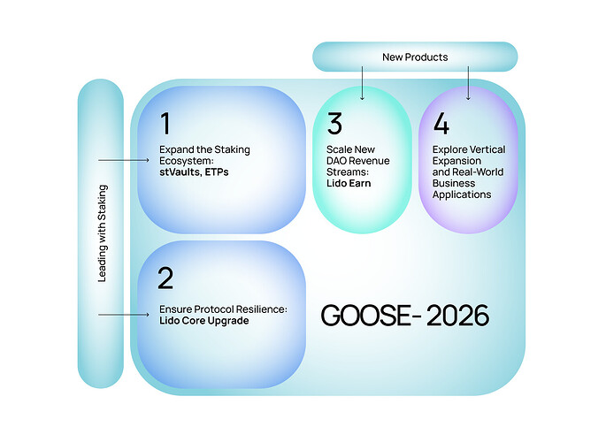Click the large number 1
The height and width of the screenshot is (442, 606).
[166, 123]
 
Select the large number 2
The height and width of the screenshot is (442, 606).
[165, 278]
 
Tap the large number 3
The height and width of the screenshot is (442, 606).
[334, 122]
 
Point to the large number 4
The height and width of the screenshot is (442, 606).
[440, 123]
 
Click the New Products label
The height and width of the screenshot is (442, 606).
[415, 57]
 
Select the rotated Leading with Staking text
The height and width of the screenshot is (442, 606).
[102, 233]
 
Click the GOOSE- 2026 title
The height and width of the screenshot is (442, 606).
[403, 316]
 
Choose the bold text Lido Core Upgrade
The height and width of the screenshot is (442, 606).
[204, 320]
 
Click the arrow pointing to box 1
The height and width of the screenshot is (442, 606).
[124, 160]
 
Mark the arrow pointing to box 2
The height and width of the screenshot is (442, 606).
[124, 314]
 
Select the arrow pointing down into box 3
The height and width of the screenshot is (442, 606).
[363, 84]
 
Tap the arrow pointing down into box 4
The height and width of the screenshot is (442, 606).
[468, 84]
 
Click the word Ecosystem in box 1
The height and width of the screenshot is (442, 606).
[185, 161]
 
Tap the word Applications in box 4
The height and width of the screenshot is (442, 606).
[462, 194]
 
